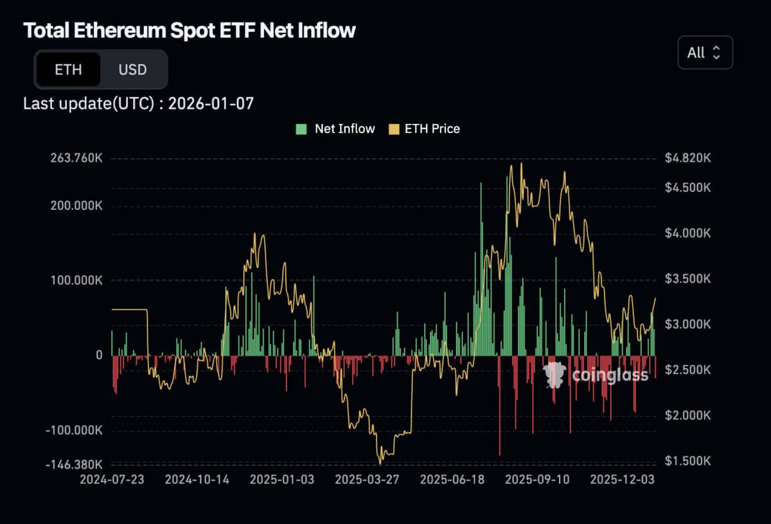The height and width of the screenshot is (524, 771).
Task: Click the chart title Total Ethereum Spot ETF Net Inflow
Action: pyautogui.click(x=189, y=30)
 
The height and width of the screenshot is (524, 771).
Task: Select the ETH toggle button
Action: pyautogui.click(x=68, y=69)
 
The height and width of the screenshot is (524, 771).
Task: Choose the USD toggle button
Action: pyautogui.click(x=132, y=69)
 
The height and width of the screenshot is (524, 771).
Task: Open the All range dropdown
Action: pyautogui.click(x=705, y=53)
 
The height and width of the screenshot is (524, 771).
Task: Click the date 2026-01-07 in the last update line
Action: pyautogui.click(x=211, y=103)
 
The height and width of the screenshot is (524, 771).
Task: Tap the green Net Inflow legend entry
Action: pyautogui.click(x=335, y=128)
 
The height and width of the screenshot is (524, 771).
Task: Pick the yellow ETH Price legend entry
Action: pyautogui.click(x=425, y=128)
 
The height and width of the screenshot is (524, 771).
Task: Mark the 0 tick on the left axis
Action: pyautogui.click(x=99, y=355)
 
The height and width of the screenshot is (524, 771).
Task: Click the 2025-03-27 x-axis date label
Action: pyautogui.click(x=367, y=480)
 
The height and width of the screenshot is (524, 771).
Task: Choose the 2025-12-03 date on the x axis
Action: pyautogui.click(x=622, y=480)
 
